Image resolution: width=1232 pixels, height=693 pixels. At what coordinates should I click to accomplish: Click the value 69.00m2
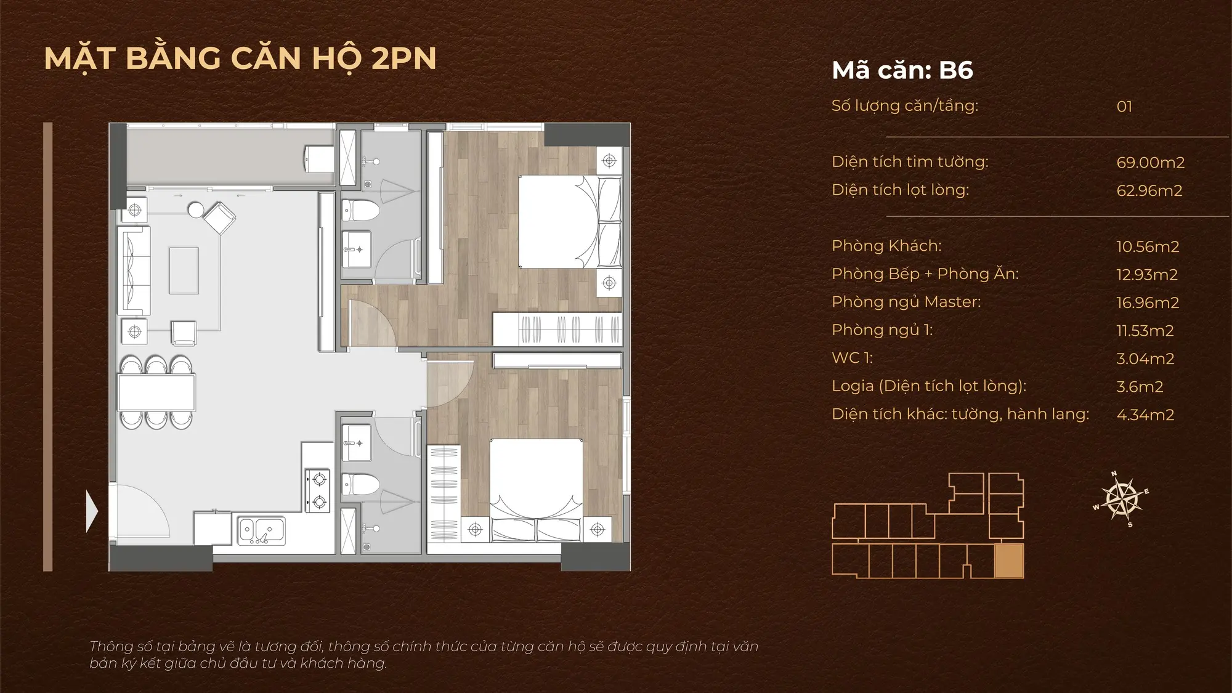point(1150,163)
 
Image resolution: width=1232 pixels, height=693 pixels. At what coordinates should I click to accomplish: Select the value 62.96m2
point(1149,191)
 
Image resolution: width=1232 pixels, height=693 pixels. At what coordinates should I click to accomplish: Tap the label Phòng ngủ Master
point(906,302)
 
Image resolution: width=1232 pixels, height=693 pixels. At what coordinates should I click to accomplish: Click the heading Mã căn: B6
point(902,70)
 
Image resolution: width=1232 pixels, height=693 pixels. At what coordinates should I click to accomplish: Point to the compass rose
point(1122,499)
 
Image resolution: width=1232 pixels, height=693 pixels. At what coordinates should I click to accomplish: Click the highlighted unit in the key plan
point(1009,561)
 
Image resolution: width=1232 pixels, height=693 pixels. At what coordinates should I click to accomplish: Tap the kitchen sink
point(262,530)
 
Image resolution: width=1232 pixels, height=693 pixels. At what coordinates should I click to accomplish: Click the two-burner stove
point(318,490)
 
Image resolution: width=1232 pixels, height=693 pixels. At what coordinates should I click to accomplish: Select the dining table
point(157,392)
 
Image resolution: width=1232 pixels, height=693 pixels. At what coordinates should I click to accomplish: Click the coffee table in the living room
point(184,270)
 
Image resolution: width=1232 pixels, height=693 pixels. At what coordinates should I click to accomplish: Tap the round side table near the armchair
point(196,210)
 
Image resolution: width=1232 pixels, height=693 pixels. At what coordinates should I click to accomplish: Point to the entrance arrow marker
point(92,511)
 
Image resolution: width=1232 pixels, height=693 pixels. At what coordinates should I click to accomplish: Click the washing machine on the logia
point(320,159)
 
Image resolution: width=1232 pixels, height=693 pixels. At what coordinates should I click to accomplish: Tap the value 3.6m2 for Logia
point(1140,387)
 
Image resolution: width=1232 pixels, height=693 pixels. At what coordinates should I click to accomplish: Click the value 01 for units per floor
point(1124,107)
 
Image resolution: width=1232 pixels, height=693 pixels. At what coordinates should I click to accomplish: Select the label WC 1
point(852,358)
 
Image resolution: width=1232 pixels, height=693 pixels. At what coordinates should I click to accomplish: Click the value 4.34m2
point(1145,415)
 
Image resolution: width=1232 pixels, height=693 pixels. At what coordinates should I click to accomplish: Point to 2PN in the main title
point(404,59)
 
